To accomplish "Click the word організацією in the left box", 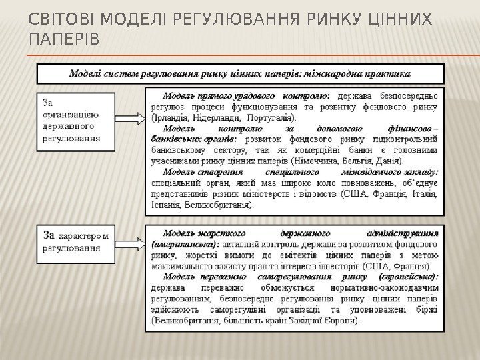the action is tap(71, 114).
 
